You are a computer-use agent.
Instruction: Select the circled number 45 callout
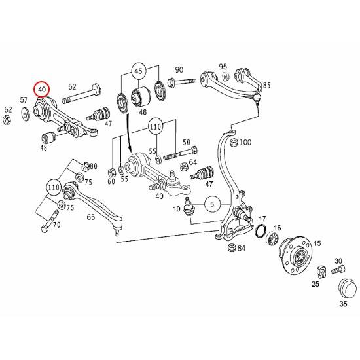click(x=138, y=71)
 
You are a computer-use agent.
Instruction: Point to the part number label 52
click(x=72, y=86)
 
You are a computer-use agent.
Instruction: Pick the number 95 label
click(x=223, y=67)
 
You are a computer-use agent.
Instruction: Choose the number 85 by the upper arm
click(x=266, y=86)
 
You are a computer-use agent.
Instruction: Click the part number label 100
click(x=245, y=142)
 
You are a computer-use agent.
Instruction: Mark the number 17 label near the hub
click(x=262, y=219)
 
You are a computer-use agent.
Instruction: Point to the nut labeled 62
click(x=8, y=120)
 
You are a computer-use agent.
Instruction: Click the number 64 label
click(x=192, y=161)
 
